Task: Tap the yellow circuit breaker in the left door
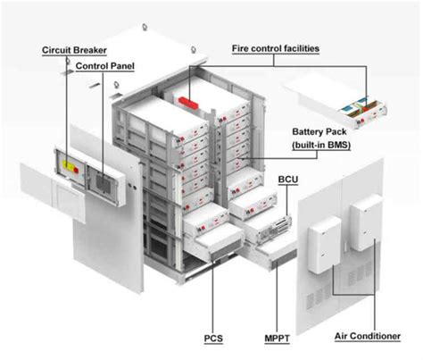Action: pyautogui.click(x=70, y=166)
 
